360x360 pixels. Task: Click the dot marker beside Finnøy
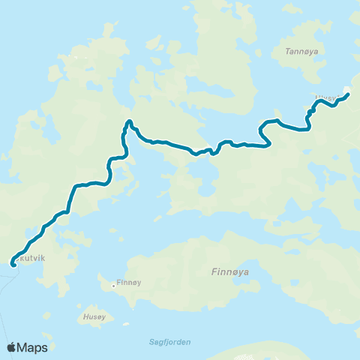tap(113, 285)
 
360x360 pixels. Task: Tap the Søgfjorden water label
tap(171, 342)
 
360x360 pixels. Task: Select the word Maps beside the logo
tap(34, 348)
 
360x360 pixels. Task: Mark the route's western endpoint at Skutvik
tap(13, 264)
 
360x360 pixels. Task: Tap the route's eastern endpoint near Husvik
tap(347, 94)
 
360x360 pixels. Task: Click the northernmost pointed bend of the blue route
tap(129, 121)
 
